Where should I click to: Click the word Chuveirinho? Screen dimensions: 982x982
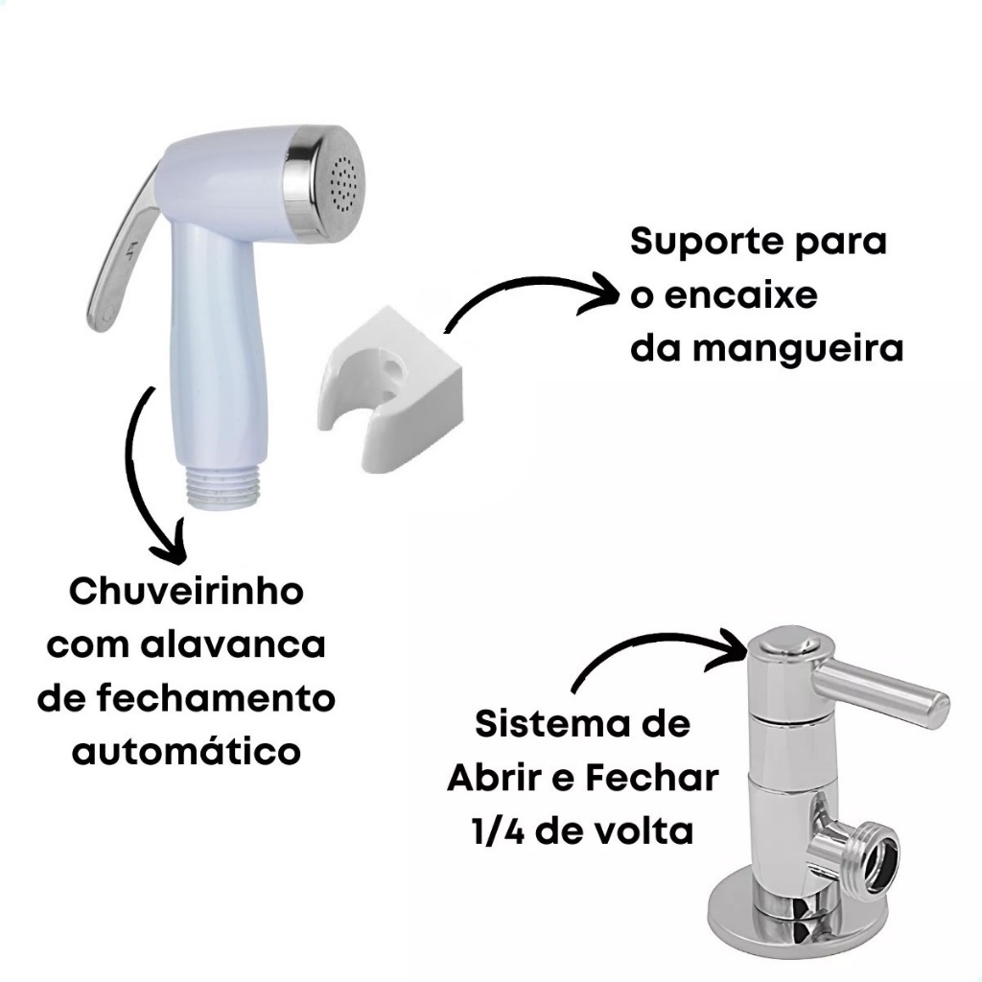click(186, 591)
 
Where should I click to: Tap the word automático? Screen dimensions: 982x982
click(186, 751)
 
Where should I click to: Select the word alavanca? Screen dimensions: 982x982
click(232, 644)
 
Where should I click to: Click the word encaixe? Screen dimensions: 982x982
click(741, 295)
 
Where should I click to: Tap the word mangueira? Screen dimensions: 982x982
click(798, 349)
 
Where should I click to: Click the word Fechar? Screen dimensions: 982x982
click(652, 778)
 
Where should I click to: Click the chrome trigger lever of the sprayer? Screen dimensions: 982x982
click(121, 250)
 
